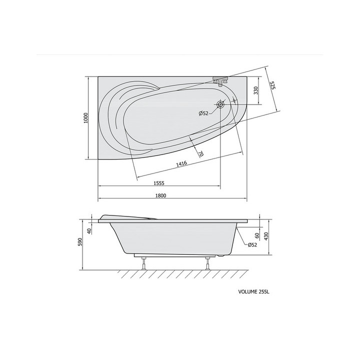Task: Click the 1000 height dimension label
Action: pos(86,118)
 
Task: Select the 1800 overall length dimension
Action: pos(160,195)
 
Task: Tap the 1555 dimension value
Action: pos(159,183)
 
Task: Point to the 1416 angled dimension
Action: pos(181,163)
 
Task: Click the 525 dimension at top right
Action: pos(272,85)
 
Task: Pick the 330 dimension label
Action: pos(256,90)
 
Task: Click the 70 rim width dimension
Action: pos(200,153)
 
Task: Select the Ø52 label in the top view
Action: pos(203,113)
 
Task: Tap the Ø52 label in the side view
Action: pos(252,245)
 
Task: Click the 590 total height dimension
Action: pos(80,241)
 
